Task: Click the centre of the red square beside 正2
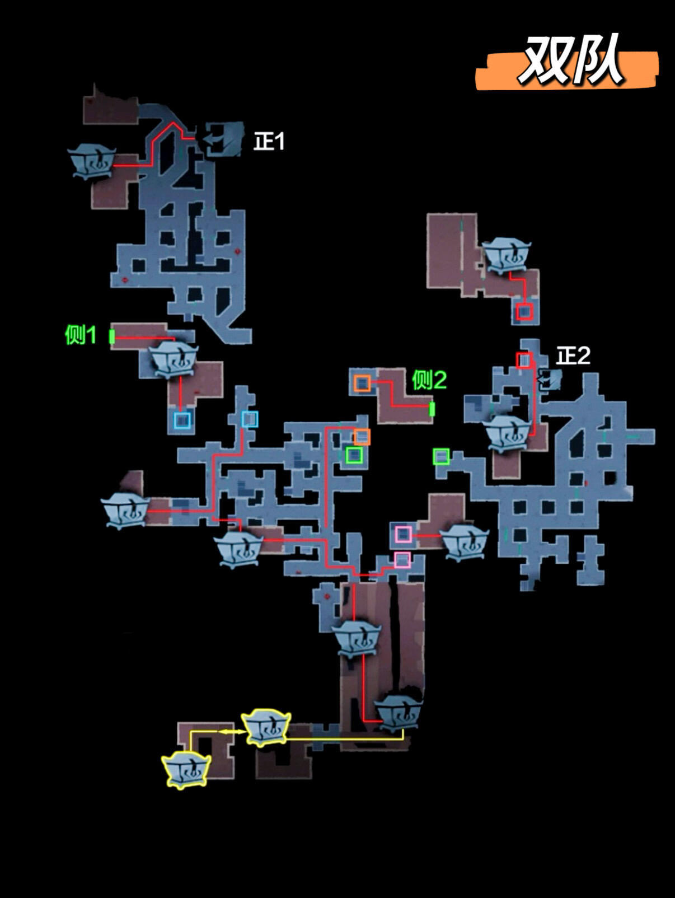pos(524,361)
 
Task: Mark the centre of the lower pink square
pos(402,560)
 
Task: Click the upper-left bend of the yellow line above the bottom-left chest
pos(191,732)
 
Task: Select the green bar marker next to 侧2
pos(432,409)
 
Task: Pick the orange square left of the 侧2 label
pos(362,383)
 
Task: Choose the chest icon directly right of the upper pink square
pos(464,542)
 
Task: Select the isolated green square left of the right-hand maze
pos(441,456)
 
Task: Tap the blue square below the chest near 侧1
pos(182,420)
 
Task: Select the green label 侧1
pos(81,335)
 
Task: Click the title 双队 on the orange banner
pos(571,60)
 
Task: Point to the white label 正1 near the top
pos(269,142)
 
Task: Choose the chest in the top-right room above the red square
pos(506,256)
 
